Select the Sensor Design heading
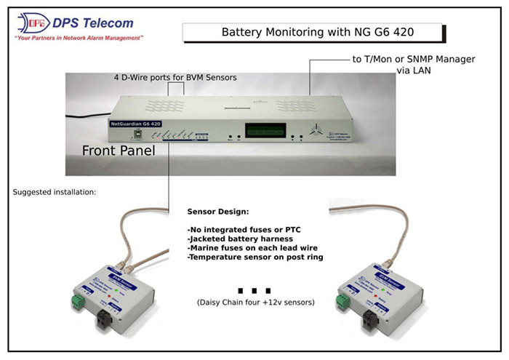[x=218, y=213]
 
